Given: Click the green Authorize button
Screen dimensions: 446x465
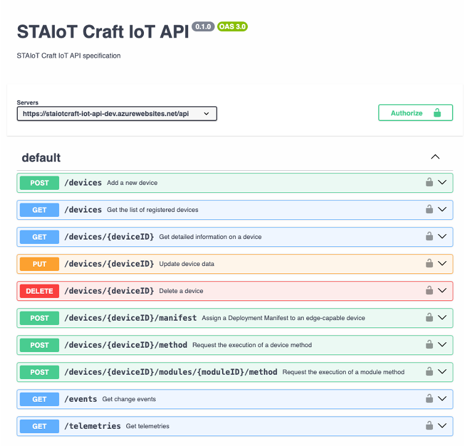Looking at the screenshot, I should [x=415, y=113].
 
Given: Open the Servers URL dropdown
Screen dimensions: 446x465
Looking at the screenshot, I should [x=117, y=114].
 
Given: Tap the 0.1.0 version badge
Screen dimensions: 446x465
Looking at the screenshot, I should [x=203, y=27].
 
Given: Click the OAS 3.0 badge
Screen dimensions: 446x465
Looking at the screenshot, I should [x=232, y=27].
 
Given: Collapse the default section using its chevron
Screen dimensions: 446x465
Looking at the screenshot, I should [x=435, y=157].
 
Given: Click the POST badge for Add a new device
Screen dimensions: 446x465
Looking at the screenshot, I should [x=39, y=182].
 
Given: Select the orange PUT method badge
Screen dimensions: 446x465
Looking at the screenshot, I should [x=39, y=264].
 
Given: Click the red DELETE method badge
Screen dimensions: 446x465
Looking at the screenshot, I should [x=39, y=291].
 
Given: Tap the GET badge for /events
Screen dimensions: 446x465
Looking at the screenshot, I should [x=39, y=399].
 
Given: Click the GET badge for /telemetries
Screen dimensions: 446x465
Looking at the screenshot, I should [x=39, y=426].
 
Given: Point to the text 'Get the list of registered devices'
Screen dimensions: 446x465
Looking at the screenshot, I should [x=153, y=209].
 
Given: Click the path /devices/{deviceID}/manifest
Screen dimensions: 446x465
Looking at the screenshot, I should [x=130, y=318].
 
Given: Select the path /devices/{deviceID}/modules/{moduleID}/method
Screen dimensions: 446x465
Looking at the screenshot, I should [x=171, y=372].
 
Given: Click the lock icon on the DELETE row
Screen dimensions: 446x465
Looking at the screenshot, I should [x=429, y=291].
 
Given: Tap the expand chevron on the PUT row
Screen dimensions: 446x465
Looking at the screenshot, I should [x=442, y=264].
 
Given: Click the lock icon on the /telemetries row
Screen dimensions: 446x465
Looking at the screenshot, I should [x=429, y=426].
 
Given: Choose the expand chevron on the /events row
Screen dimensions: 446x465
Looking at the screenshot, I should [x=442, y=399].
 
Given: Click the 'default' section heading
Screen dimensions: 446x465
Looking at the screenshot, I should [x=41, y=158].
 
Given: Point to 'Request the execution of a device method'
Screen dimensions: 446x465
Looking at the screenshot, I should [x=252, y=345].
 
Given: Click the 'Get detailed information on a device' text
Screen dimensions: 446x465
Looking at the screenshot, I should [x=210, y=237].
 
